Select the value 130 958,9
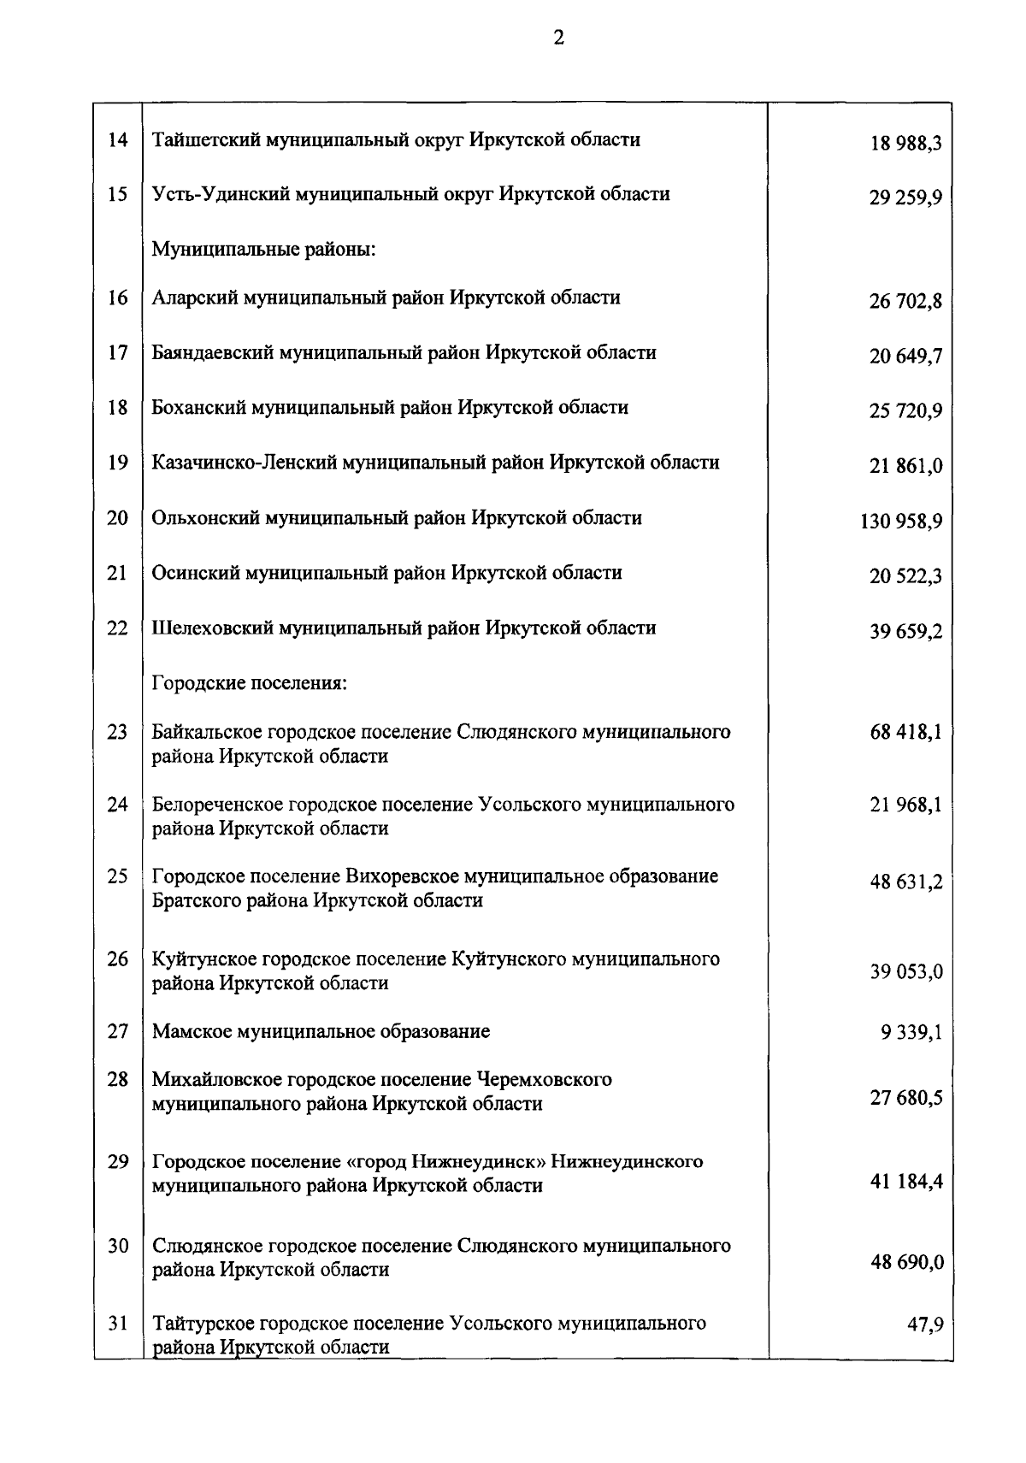tap(901, 521)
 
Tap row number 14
tap(117, 139)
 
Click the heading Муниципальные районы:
tap(264, 250)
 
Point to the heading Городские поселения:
tap(248, 683)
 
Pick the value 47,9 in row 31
tap(924, 1324)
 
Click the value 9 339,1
tap(911, 1033)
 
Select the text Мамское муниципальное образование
tap(321, 1031)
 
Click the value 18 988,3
tap(906, 144)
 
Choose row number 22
tap(117, 628)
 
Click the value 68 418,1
tap(906, 732)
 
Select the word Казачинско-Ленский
tap(244, 463)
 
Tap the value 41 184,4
tap(906, 1182)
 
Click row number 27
tap(117, 1031)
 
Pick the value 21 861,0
tap(906, 466)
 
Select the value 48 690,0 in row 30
tap(906, 1262)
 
